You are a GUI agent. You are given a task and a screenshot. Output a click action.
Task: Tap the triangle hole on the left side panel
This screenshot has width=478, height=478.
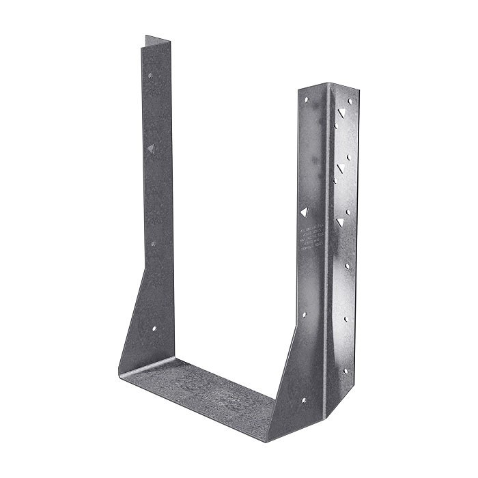(150, 147)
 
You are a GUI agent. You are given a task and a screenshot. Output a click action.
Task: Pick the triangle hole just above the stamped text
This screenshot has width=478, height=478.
(305, 212)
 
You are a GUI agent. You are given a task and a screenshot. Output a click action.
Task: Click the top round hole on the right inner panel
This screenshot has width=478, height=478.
(307, 99)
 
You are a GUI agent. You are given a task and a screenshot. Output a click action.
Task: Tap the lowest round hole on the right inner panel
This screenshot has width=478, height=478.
(303, 401)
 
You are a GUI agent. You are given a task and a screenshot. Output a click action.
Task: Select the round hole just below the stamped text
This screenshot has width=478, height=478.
(304, 315)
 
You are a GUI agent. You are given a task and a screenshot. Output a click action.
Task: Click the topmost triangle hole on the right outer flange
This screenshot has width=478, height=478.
(341, 113)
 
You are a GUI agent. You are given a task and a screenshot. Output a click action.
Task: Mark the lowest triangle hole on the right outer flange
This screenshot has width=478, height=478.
(340, 222)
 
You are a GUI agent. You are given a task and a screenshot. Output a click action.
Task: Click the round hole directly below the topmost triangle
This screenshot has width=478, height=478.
(336, 126)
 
